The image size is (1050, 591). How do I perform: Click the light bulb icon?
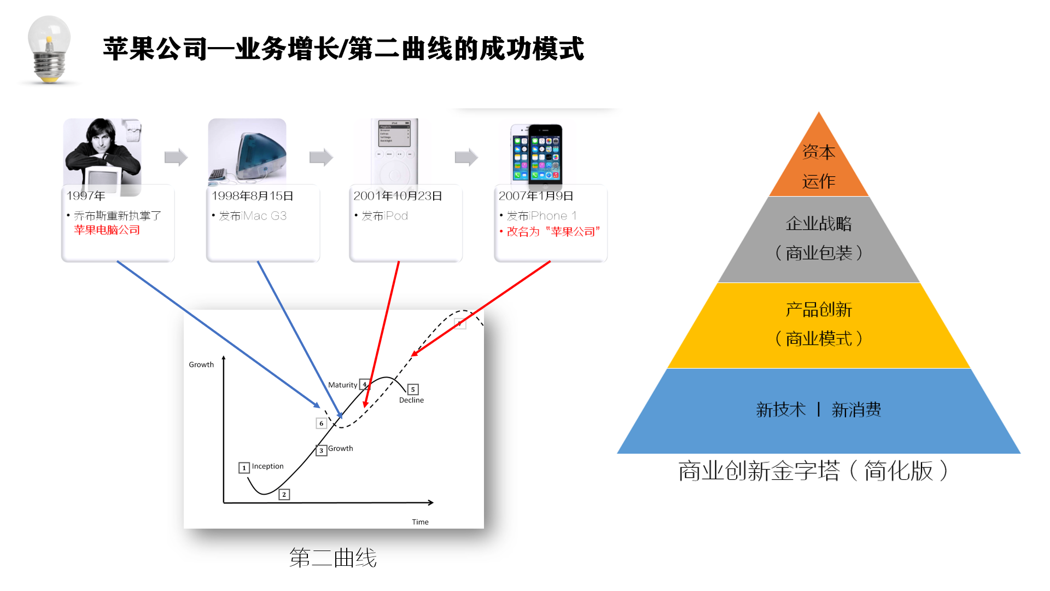click(49, 49)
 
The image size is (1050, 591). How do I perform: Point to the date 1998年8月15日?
click(253, 196)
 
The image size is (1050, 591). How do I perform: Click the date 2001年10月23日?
click(398, 196)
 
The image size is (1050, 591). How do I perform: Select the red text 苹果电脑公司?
click(107, 230)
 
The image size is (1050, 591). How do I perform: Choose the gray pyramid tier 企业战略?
click(819, 239)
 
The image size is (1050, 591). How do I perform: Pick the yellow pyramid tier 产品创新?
click(819, 325)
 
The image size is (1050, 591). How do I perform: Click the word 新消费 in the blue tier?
click(856, 409)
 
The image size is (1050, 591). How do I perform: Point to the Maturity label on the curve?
click(342, 385)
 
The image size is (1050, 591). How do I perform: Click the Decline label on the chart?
click(411, 400)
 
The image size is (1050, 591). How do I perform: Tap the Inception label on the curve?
click(267, 466)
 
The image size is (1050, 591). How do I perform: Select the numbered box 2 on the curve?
click(284, 494)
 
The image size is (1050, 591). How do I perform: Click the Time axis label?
click(420, 522)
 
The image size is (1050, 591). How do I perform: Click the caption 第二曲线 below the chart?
click(333, 558)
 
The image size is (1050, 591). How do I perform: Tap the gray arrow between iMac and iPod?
click(321, 157)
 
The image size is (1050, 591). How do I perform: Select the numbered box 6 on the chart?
click(322, 423)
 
